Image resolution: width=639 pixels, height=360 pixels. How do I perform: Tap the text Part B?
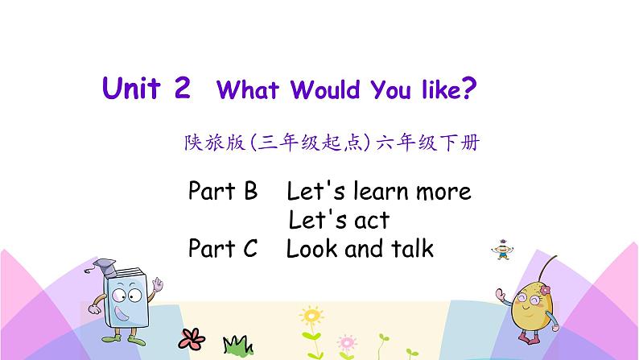coord(223,192)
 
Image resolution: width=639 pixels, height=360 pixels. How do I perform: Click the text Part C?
coord(223,249)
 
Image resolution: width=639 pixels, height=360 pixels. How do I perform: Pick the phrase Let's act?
coord(339,220)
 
